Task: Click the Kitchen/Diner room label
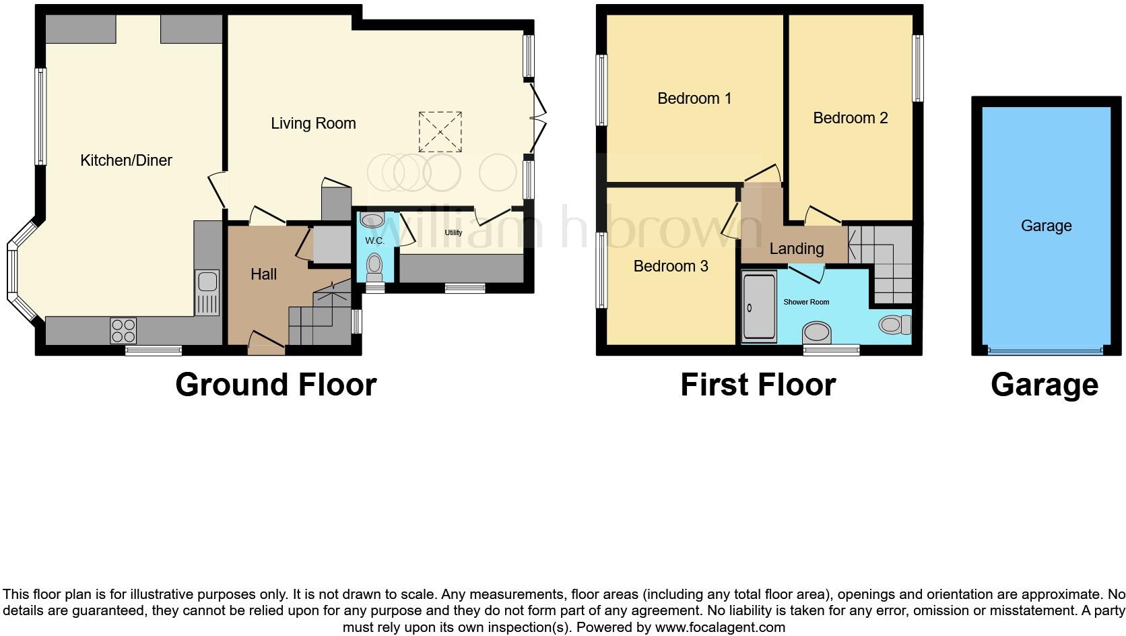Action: click(126, 160)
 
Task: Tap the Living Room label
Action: click(313, 123)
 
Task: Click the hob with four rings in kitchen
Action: click(123, 330)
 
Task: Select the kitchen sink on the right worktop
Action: click(207, 292)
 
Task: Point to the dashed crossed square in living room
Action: click(440, 132)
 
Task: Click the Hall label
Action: click(263, 274)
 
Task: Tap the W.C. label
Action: click(374, 241)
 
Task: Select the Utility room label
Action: click(453, 232)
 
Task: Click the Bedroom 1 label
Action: click(694, 98)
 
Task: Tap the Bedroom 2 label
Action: click(850, 118)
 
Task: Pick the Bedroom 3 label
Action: click(671, 266)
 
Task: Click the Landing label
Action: click(797, 249)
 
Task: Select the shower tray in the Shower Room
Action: click(759, 307)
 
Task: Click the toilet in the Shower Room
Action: click(894, 325)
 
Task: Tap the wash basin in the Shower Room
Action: click(818, 332)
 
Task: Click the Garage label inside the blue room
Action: click(1046, 226)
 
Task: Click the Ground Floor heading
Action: click(275, 385)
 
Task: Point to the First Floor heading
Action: click(758, 385)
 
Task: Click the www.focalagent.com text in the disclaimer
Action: click(719, 627)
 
